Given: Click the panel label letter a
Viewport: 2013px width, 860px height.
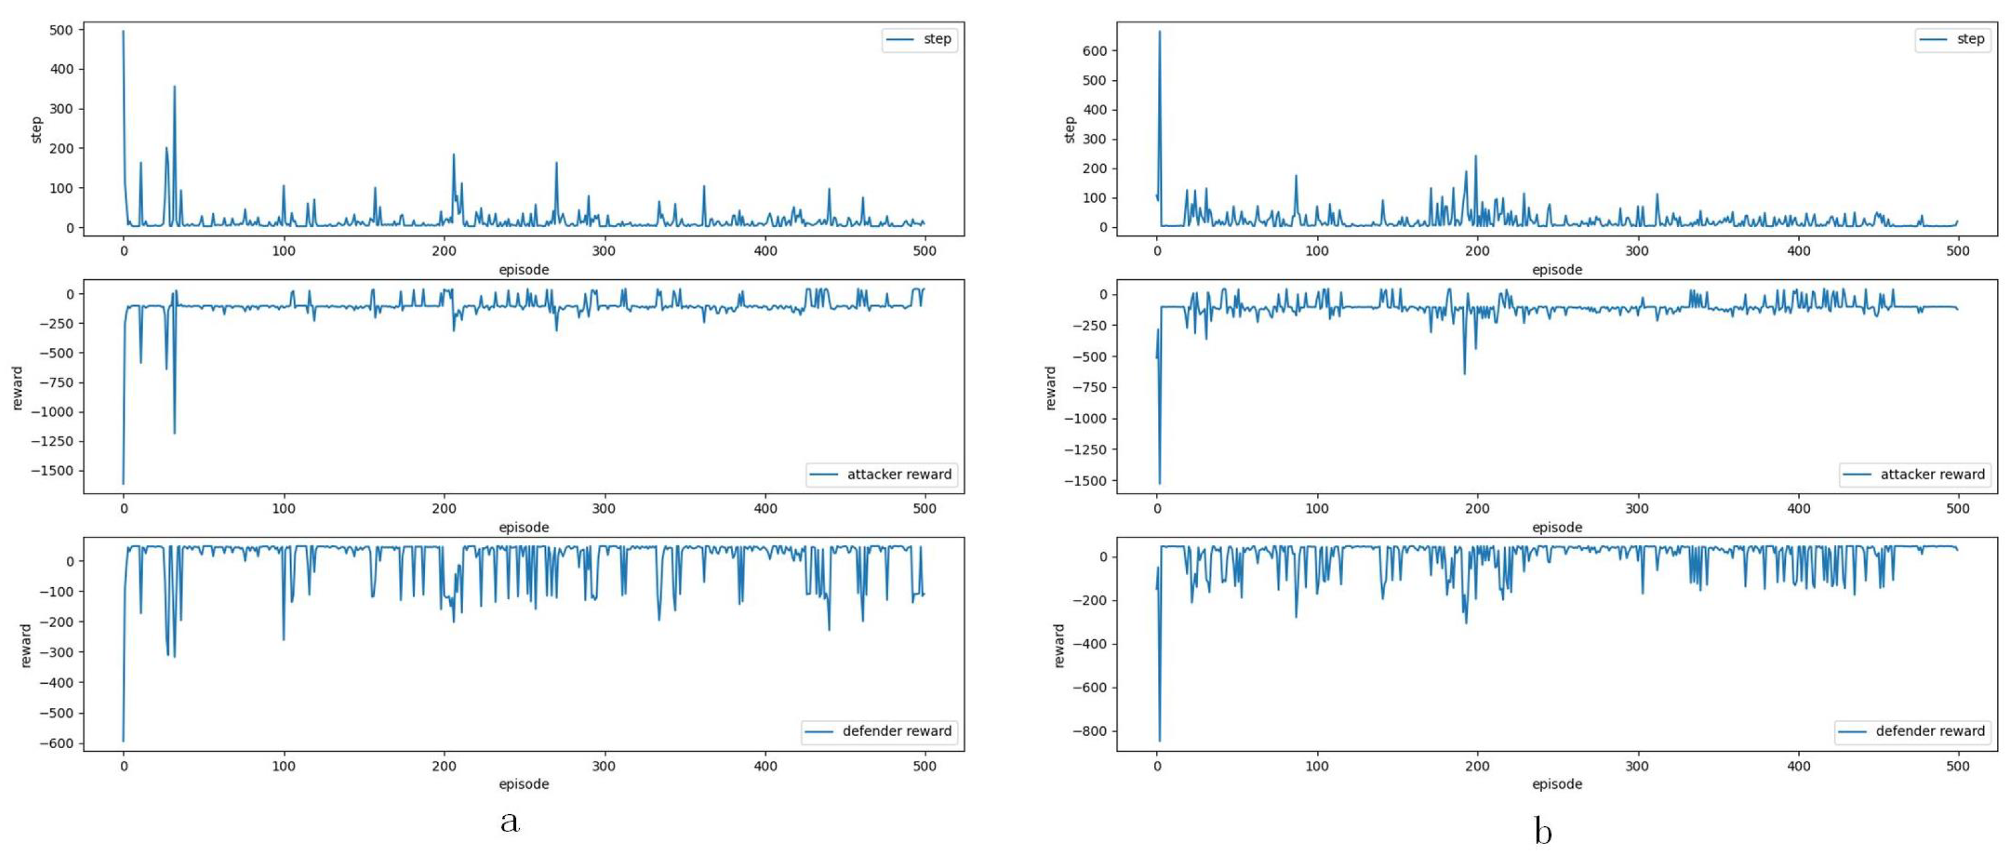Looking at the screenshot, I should coord(510,822).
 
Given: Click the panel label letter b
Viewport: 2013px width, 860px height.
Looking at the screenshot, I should coord(1543,831).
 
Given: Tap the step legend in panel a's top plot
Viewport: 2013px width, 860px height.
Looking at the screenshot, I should coord(920,39).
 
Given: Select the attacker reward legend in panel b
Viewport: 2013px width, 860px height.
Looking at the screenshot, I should coord(1914,474).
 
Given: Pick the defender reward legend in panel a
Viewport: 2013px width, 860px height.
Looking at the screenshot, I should coord(879,731).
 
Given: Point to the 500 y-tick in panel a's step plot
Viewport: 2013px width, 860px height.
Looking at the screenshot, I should coord(61,30).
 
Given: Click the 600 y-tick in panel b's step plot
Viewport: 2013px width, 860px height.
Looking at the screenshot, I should coord(1094,51).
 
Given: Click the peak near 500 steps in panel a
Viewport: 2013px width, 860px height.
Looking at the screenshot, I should coord(123,32).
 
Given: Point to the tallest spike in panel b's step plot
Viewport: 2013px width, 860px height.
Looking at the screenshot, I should coord(1159,32).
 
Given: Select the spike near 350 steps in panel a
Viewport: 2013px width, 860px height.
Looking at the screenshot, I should coord(174,87).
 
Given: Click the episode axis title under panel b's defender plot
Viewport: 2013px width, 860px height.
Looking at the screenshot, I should coord(1557,784).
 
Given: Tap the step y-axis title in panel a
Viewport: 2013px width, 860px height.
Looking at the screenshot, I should coord(36,130).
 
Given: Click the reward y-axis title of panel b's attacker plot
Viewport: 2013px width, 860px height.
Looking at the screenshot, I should coord(1050,388).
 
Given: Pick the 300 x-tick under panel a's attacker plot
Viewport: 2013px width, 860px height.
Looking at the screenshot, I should coord(604,508).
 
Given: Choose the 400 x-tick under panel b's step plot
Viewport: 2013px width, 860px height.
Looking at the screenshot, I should coord(1798,251).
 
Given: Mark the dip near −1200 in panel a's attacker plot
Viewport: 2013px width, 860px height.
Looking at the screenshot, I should coord(174,433).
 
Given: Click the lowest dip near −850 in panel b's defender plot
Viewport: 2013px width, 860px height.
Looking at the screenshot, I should coord(1159,740).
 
